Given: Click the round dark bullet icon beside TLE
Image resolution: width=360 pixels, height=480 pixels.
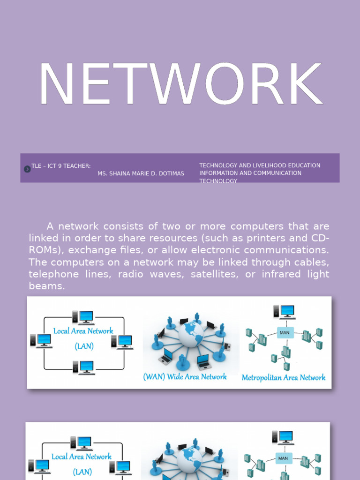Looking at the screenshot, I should [x=27, y=169].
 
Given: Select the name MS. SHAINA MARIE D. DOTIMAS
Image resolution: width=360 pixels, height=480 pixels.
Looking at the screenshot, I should [x=141, y=173].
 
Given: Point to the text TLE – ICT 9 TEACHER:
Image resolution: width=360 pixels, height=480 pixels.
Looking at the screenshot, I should [x=61, y=166].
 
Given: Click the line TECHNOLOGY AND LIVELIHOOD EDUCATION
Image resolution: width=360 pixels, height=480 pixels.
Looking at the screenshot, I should [x=260, y=165].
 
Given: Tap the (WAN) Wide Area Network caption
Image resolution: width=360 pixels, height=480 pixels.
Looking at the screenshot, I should [x=185, y=376].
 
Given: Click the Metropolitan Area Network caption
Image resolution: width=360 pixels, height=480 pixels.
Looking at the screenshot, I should [x=283, y=377].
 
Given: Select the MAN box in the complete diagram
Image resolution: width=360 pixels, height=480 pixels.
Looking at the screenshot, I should [x=285, y=332].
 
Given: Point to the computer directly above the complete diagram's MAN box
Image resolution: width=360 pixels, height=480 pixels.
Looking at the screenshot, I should [x=284, y=312].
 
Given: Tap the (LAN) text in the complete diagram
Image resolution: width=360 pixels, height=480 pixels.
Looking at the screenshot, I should [x=84, y=346].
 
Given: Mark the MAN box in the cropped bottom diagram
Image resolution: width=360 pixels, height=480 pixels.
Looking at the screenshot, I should [x=283, y=458].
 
